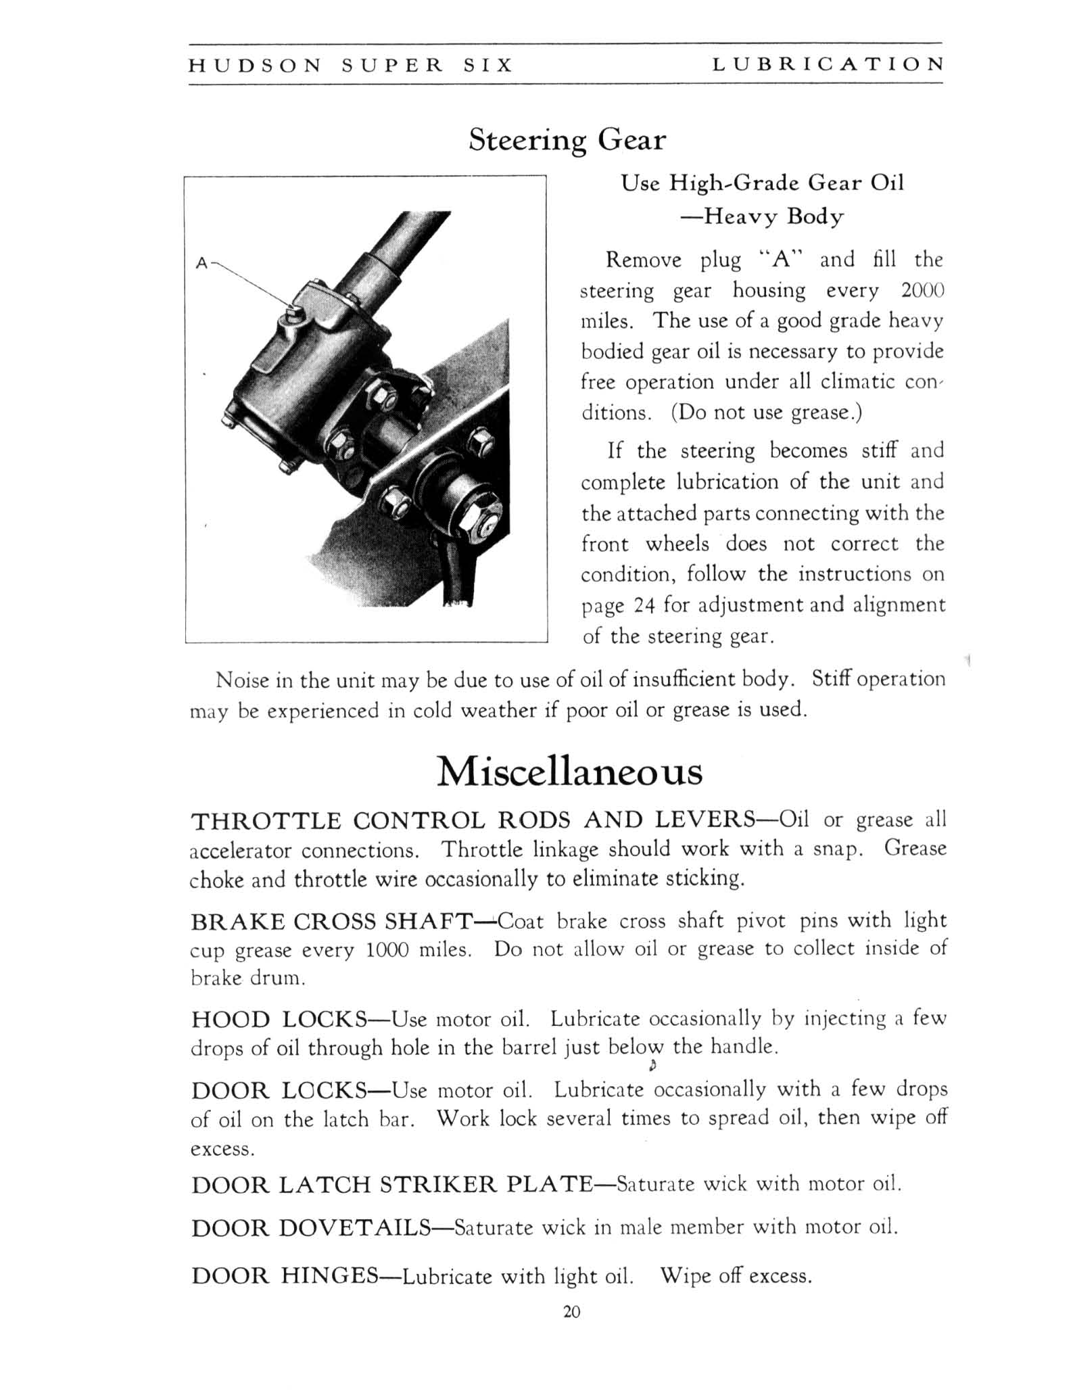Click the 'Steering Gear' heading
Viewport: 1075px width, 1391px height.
567,141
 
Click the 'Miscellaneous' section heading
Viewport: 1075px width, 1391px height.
569,772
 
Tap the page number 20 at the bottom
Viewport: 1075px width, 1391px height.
571,1313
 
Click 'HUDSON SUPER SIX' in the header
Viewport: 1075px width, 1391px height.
350,65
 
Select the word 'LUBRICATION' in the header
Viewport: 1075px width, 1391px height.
828,64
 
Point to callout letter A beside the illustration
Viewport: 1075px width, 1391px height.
201,263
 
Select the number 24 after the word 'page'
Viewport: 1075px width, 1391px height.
642,605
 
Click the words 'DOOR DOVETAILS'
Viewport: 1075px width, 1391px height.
312,1227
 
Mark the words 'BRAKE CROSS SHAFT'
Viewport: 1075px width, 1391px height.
331,921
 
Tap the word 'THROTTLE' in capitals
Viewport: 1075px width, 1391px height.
266,821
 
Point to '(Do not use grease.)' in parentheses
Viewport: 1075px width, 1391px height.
767,412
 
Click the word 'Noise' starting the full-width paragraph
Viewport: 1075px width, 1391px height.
242,680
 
